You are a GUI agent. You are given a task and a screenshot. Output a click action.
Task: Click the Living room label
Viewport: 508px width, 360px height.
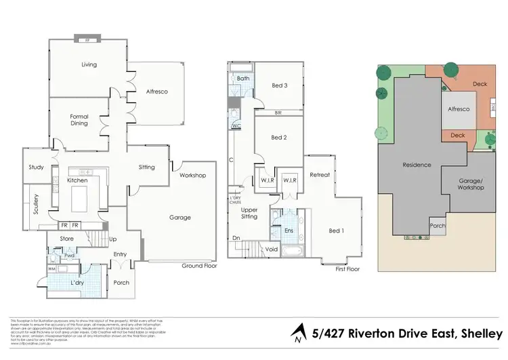coord(89,65)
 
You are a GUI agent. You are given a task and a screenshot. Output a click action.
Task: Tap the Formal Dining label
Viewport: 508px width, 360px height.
coord(79,120)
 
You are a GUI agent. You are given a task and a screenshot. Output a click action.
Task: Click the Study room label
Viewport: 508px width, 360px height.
coord(36,167)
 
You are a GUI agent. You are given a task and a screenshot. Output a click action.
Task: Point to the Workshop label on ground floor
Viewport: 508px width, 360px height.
coord(192,176)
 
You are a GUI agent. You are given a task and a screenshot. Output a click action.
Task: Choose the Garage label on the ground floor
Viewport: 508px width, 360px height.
coord(179,218)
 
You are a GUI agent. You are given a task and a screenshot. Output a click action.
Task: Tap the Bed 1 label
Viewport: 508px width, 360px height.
coord(336,231)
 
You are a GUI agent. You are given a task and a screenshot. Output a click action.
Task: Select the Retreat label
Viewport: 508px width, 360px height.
coord(320,175)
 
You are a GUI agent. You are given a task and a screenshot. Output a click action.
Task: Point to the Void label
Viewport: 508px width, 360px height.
coord(272,249)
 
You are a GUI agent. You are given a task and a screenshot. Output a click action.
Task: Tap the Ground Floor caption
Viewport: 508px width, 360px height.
coord(198,266)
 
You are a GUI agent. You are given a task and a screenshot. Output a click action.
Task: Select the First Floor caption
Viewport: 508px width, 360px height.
coord(347,269)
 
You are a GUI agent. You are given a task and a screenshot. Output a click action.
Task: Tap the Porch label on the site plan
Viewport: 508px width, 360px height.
coord(437,226)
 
